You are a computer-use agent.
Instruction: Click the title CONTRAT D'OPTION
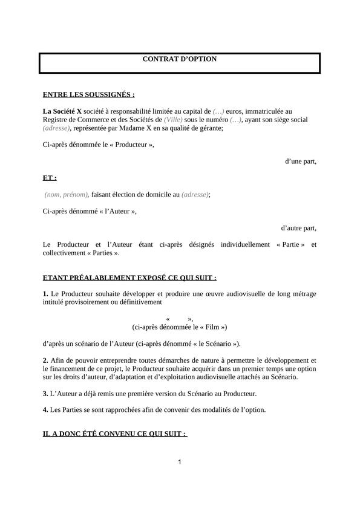click(x=179, y=59)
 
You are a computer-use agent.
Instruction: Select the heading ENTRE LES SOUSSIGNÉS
click(x=89, y=94)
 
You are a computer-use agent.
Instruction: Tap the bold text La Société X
click(x=62, y=111)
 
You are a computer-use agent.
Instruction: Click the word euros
click(x=237, y=111)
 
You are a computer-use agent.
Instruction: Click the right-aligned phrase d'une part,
click(x=301, y=161)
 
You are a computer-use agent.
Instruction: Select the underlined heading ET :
click(x=50, y=178)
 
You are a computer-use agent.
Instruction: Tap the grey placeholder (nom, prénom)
click(x=67, y=195)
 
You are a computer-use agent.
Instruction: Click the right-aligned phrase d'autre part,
click(x=298, y=228)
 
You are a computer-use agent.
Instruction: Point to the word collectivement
click(x=67, y=253)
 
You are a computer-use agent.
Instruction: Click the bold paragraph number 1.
click(x=45, y=294)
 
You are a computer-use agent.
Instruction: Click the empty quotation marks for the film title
click(x=179, y=319)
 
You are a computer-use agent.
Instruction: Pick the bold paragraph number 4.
click(x=45, y=409)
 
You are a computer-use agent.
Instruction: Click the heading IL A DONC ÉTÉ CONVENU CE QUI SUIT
click(x=115, y=434)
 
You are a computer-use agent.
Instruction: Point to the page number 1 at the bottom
click(x=180, y=463)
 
